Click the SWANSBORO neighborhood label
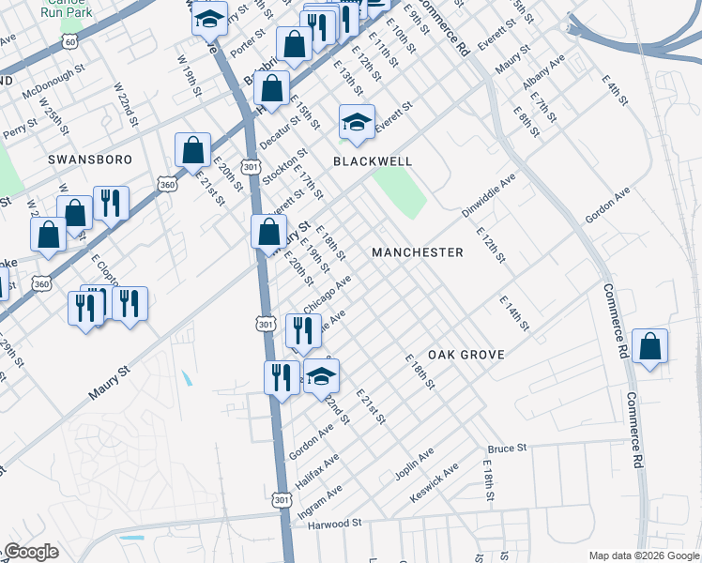click(x=90, y=160)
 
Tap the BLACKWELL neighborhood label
click(x=373, y=161)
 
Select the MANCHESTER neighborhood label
click(x=418, y=252)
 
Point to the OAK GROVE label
click(x=466, y=355)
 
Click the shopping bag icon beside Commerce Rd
click(x=649, y=347)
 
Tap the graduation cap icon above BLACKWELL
click(x=357, y=123)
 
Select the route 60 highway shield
click(x=69, y=42)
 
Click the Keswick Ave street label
click(x=438, y=479)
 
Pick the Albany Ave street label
click(x=544, y=72)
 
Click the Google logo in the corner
click(x=30, y=552)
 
